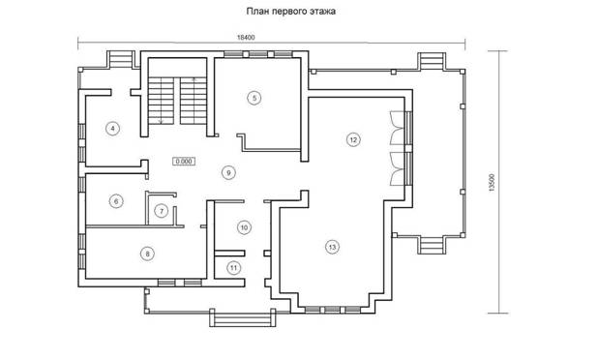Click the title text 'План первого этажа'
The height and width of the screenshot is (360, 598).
[x=291, y=12]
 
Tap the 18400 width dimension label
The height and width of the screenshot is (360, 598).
[x=246, y=38]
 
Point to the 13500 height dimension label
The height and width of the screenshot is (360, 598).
[x=492, y=182]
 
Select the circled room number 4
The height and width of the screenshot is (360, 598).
[x=112, y=129]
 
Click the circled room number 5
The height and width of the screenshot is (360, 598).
[x=254, y=98]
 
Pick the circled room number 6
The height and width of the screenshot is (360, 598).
[x=116, y=201]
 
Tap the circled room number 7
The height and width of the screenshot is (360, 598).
[x=162, y=211]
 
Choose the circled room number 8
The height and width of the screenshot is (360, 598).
[x=148, y=254]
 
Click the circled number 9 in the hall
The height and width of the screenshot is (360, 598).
[x=228, y=173]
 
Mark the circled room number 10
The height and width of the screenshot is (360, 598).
[x=244, y=227]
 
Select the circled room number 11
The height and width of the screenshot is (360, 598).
[x=233, y=268]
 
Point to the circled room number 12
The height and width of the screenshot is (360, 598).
[x=353, y=139]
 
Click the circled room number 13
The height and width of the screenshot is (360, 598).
[x=332, y=247]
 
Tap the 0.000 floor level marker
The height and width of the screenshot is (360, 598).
[x=184, y=162]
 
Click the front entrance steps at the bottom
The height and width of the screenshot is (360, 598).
[x=243, y=318]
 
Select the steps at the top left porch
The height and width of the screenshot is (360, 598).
[x=121, y=60]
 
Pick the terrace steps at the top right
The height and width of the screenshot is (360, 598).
[x=433, y=61]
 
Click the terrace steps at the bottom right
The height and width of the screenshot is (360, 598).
[x=433, y=245]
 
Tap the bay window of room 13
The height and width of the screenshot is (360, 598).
[x=332, y=310]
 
